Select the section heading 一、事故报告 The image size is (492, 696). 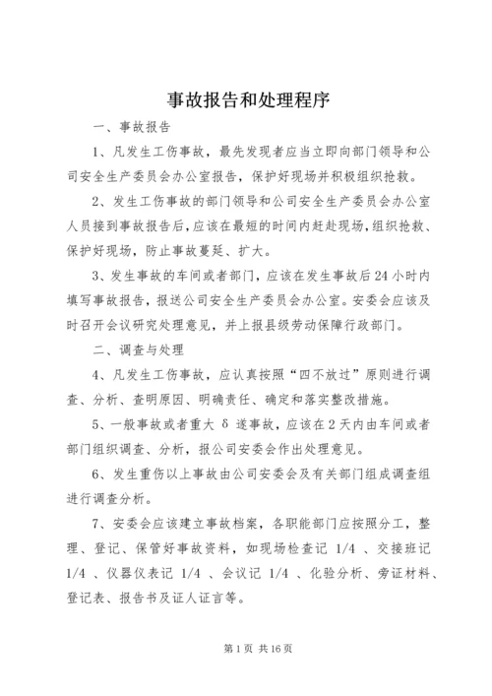tap(131, 128)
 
